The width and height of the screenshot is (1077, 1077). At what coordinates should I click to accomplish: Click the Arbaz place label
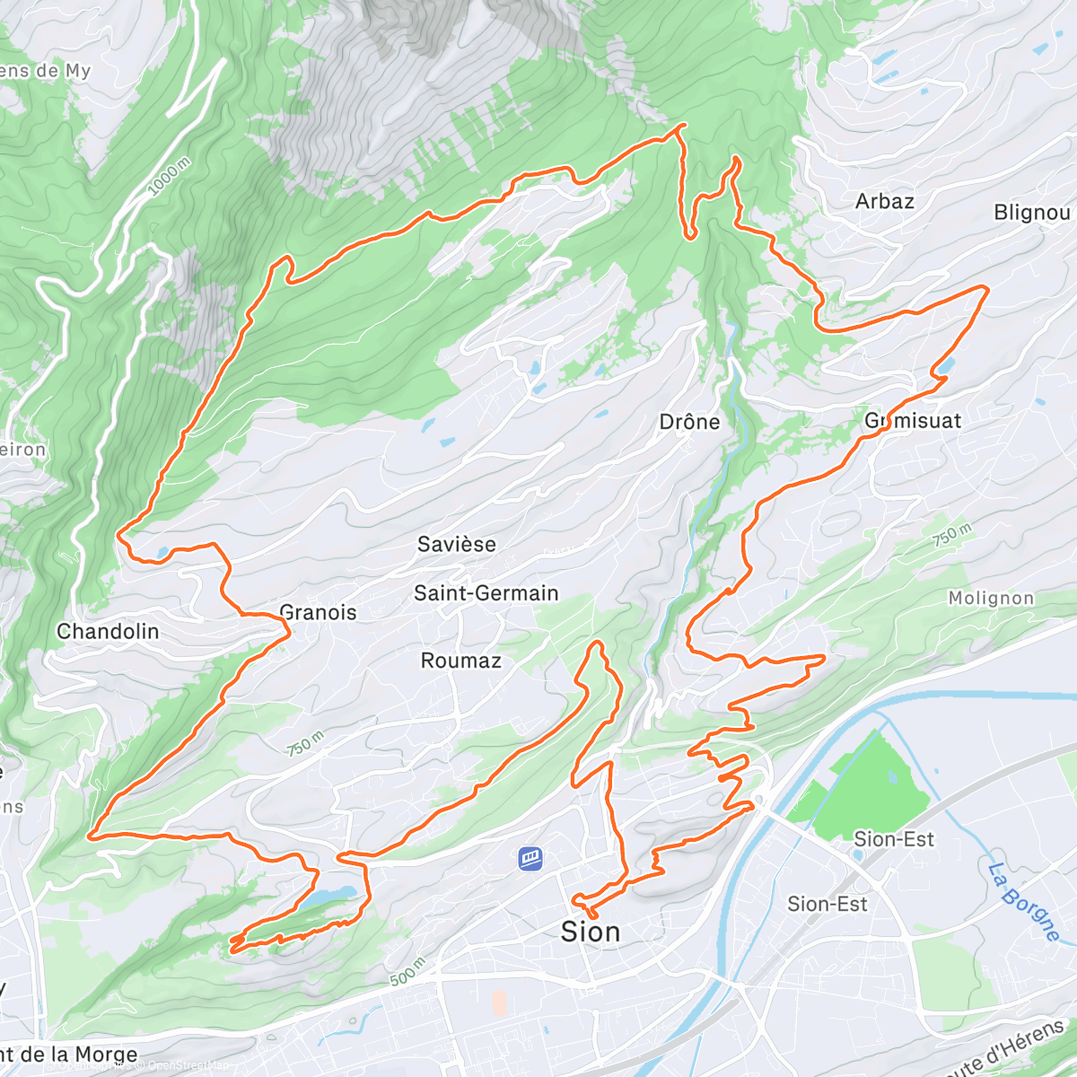884,201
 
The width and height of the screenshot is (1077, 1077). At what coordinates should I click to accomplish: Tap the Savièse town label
456,544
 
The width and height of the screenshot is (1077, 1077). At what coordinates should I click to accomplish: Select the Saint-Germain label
486,593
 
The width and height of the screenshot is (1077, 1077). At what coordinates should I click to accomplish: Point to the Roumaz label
460,661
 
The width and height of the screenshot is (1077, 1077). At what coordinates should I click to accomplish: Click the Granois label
319,613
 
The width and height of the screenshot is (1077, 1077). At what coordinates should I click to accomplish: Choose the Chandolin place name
108,631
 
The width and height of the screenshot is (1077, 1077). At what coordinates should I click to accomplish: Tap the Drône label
689,422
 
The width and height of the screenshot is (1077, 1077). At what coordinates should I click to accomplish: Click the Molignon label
991,598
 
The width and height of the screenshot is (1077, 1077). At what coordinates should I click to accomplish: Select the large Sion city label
590,932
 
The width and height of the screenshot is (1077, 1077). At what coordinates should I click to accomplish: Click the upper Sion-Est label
893,839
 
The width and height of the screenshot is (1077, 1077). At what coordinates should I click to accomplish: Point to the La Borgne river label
1024,901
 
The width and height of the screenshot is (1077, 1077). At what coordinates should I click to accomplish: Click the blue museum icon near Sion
530,859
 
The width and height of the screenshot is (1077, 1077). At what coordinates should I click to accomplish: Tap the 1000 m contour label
169,176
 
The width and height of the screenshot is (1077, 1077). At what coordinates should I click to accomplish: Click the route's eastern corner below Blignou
987,288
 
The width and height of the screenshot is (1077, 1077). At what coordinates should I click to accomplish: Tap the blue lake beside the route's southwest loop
332,896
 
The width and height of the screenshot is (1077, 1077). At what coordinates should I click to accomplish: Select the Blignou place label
1032,213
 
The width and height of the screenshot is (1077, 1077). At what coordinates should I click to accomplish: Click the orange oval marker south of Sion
499,1003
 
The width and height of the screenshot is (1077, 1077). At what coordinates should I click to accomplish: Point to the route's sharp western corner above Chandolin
118,536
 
